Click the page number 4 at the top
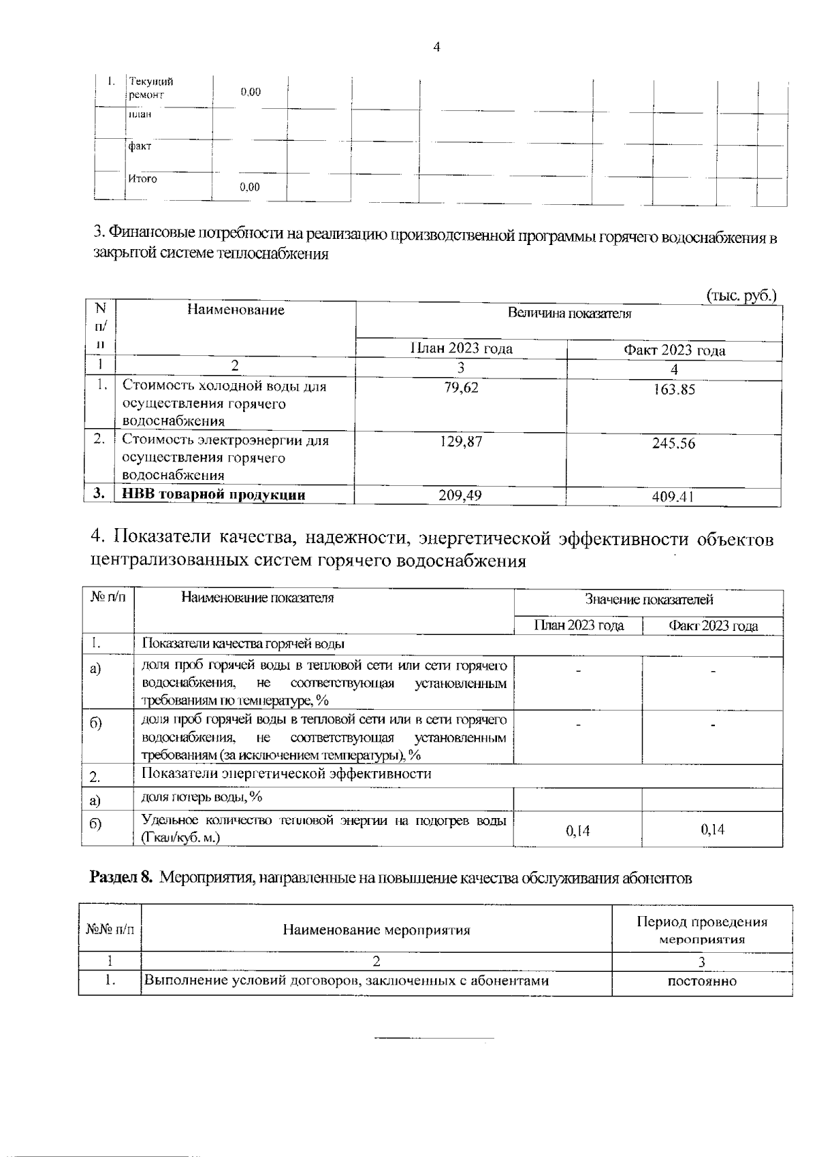[x=436, y=47]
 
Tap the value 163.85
[x=673, y=390]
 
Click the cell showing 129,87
[x=461, y=441]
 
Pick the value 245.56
[x=673, y=444]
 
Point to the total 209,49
[x=460, y=495]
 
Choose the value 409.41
[x=673, y=498]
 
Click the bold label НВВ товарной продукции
[x=213, y=495]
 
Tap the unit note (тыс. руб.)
[x=741, y=295]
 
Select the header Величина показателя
[x=569, y=314]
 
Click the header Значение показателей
[x=649, y=600]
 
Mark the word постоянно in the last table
[x=702, y=981]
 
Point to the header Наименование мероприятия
[x=377, y=930]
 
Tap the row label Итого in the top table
[x=142, y=179]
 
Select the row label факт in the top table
[x=140, y=146]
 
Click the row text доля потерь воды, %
[x=202, y=797]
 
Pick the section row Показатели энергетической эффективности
[x=287, y=774]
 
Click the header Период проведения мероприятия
[x=702, y=930]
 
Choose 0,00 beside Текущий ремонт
[x=251, y=92]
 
